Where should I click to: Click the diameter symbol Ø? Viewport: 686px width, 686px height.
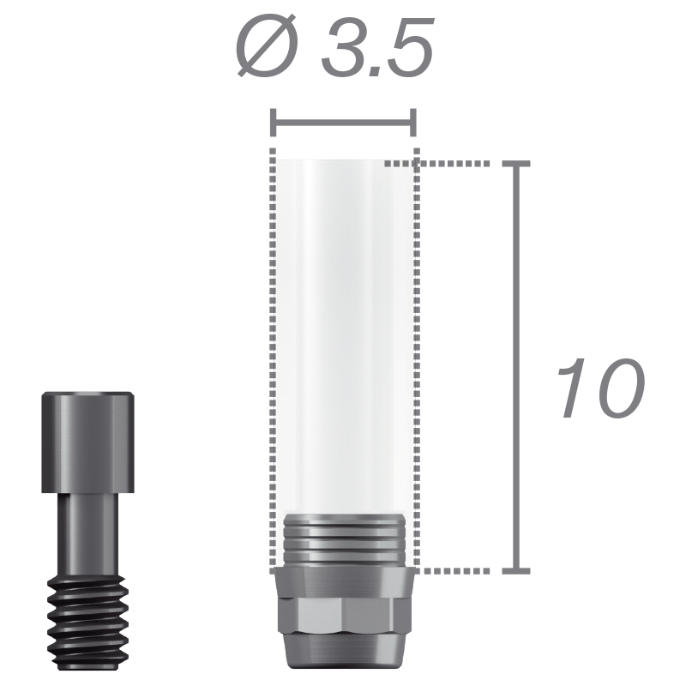tap(267, 46)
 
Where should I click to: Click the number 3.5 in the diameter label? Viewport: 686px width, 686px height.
tap(377, 47)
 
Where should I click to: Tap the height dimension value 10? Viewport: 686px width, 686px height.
tap(601, 388)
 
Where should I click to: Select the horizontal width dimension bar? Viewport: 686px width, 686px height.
tap(344, 123)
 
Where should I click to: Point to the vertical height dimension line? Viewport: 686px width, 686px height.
tap(516, 368)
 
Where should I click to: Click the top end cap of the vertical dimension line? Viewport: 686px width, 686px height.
tap(516, 164)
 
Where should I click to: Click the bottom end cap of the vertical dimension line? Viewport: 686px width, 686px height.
tap(516, 571)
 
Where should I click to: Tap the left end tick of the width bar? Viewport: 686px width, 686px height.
tap(274, 123)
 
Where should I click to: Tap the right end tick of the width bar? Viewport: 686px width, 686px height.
tap(413, 123)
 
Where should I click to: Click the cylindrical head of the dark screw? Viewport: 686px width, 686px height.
tap(88, 442)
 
